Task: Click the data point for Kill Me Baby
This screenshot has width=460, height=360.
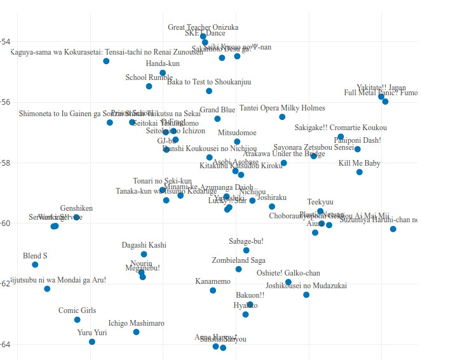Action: [360, 172]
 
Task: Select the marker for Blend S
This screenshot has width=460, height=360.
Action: [35, 265]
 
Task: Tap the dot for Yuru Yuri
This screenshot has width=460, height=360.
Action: [92, 342]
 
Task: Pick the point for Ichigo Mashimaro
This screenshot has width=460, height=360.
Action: [136, 332]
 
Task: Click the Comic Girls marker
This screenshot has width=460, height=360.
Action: [78, 319]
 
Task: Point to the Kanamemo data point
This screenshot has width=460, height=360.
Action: [213, 290]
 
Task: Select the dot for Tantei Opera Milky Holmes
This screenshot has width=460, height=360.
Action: [282, 117]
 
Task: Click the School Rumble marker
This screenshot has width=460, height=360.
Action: [149, 86]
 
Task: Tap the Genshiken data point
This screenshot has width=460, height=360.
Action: [76, 217]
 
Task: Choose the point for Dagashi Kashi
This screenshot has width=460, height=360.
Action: [144, 254]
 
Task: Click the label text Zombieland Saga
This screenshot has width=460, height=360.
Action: [238, 260]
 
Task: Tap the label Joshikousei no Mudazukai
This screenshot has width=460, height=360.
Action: [306, 286]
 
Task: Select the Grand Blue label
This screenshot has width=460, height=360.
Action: [217, 110]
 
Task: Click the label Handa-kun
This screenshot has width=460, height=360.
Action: [163, 63]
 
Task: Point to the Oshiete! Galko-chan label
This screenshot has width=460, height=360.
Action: [288, 273]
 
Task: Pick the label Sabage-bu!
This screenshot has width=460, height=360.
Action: [246, 241]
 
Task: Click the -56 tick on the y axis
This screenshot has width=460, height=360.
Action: [5, 102]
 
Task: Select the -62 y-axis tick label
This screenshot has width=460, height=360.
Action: [5, 284]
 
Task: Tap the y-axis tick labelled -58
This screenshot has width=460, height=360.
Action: [5, 163]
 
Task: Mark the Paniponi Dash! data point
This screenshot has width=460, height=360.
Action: [358, 149]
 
